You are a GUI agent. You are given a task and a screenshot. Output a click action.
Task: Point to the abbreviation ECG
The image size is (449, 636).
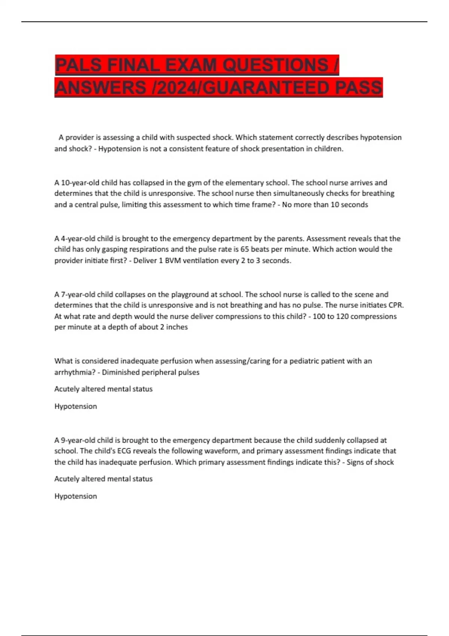coord(124,451)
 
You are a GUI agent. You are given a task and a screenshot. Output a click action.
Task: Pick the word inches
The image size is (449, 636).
coord(177,327)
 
